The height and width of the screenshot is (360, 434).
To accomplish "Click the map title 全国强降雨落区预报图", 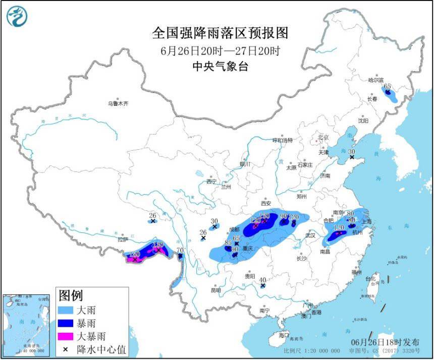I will [220, 33].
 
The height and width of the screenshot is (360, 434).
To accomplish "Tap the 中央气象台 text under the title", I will [220, 66].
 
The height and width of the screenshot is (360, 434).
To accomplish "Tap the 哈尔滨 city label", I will [375, 80].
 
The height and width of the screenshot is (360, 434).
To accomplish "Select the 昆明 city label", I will [215, 290].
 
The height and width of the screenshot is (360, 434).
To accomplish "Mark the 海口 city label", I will [284, 335].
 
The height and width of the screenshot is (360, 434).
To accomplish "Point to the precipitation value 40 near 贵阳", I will [262, 280].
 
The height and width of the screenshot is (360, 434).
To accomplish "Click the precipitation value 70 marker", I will [180, 250].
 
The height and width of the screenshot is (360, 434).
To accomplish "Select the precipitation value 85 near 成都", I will [228, 243].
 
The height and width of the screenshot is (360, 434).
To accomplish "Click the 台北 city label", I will [370, 278].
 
